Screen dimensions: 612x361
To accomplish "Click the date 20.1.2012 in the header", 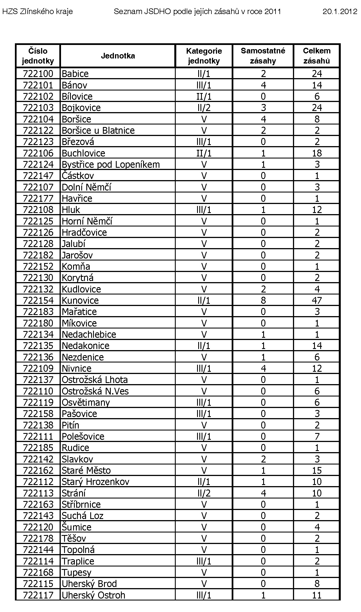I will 340,12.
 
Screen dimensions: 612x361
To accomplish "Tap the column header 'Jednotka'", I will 118,56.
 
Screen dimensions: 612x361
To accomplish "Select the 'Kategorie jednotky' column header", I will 204,56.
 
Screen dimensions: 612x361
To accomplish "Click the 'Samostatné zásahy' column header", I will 263,56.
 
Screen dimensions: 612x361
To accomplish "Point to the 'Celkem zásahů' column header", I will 317,56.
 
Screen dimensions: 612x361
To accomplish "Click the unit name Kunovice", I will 80,300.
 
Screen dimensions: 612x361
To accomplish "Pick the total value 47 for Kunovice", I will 317,300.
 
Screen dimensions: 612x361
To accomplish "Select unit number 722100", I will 38,74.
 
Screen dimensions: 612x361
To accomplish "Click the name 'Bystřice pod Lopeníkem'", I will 110,164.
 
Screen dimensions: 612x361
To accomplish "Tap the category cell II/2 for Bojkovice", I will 204,108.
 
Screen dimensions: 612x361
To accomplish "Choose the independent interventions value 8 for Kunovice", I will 263,300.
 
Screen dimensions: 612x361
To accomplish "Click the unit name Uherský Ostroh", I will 93,595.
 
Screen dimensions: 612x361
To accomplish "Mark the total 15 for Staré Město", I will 317,470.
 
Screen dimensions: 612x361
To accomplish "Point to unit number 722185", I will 38,448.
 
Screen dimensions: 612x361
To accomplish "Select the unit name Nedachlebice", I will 89,334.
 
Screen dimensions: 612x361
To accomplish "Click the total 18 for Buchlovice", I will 317,153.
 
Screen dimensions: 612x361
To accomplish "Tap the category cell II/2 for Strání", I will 204,493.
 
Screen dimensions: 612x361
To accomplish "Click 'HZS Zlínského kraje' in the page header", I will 37,12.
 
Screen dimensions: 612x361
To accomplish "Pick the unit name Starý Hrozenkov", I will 95,482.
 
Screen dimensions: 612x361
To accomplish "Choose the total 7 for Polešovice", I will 317,436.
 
